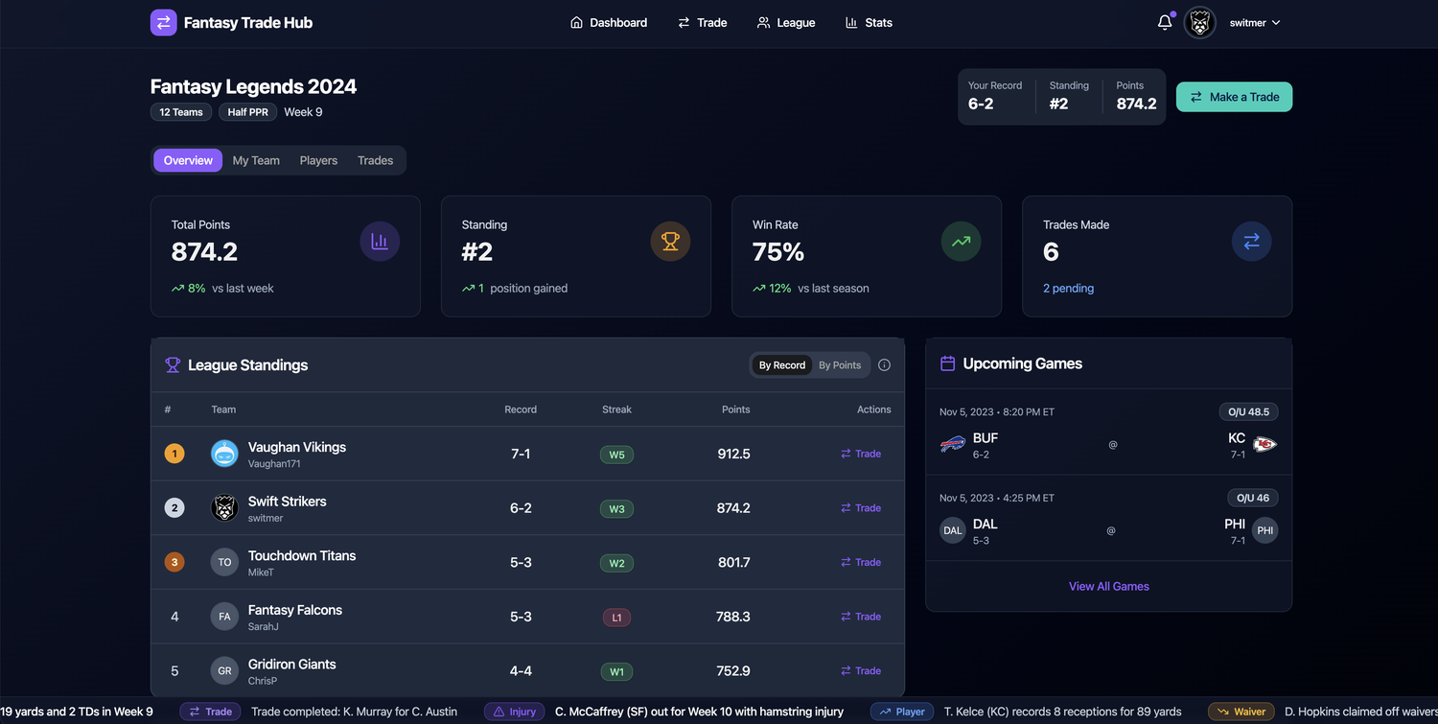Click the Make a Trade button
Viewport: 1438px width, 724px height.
click(1234, 97)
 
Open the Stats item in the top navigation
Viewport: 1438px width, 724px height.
click(869, 23)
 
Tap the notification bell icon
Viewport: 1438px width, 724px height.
click(1165, 22)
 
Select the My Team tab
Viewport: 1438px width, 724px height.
click(256, 160)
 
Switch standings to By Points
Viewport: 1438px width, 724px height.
click(840, 365)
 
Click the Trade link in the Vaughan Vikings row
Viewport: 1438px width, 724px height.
click(861, 454)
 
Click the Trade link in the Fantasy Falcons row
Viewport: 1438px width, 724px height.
click(861, 617)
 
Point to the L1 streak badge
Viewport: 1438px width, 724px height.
click(616, 618)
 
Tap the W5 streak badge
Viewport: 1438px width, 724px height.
click(616, 455)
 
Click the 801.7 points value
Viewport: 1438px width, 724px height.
click(733, 562)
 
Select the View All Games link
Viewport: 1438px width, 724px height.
click(1109, 586)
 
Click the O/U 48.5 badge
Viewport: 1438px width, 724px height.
click(1248, 412)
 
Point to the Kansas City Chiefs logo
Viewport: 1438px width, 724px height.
click(1264, 444)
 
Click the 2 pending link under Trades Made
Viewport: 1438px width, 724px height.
click(1068, 288)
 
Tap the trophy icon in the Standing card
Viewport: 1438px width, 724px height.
click(670, 242)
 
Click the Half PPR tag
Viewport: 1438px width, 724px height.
click(247, 112)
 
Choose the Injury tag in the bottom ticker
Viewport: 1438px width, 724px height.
click(514, 712)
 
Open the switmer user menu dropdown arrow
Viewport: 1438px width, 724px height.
click(1276, 23)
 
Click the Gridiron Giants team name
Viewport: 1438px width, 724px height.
click(291, 664)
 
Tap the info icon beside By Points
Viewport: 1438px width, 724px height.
click(884, 365)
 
